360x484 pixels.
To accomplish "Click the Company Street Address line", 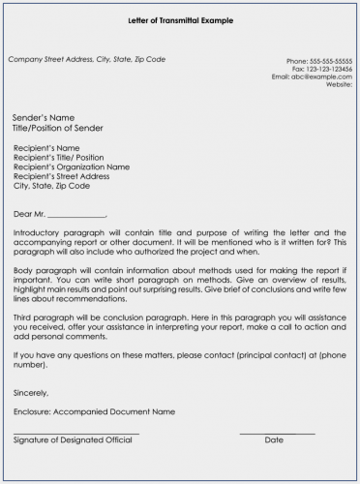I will (x=86, y=60).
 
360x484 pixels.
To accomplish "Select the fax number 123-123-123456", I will (x=332, y=69).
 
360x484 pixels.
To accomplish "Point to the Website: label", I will (x=339, y=84).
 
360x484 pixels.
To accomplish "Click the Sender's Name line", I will (x=44, y=117).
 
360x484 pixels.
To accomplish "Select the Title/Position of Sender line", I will (x=58, y=128).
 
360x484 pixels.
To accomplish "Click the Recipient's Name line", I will (x=47, y=148).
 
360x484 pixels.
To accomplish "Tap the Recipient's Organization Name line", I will (x=72, y=166).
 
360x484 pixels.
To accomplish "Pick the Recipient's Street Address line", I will (x=64, y=176).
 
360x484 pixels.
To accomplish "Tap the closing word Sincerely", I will (x=30, y=393).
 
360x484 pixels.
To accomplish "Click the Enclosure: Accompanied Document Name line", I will (x=95, y=411).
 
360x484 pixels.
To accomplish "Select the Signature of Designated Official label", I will (x=73, y=439).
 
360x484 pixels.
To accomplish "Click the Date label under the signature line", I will (x=274, y=439).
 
